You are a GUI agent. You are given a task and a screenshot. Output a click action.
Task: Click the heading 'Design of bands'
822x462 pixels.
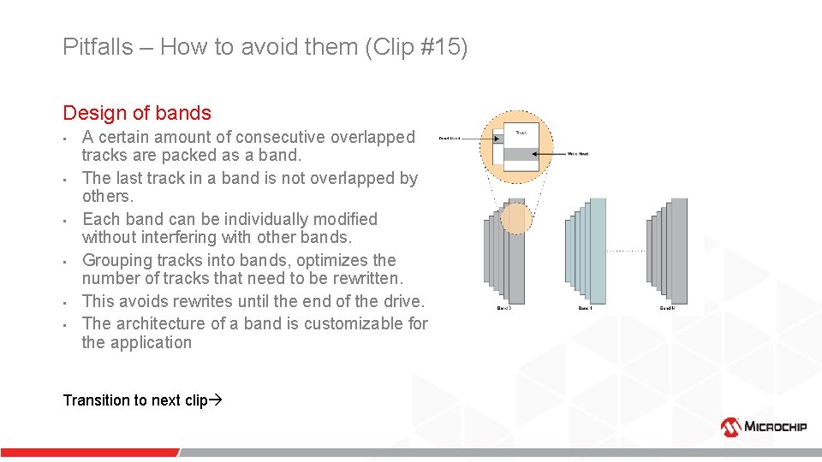pos(136,113)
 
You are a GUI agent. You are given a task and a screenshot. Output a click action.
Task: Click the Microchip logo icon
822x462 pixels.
pos(730,426)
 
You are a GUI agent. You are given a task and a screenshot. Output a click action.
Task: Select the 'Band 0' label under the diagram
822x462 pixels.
pos(503,308)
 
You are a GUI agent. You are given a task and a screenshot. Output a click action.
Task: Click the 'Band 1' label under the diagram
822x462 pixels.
pos(585,308)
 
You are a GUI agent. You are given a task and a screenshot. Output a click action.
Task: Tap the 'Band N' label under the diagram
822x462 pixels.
pos(667,308)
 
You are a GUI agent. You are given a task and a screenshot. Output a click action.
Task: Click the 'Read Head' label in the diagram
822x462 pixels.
pos(449,138)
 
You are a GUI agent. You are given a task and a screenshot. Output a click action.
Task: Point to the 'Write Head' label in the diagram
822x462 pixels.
pos(578,154)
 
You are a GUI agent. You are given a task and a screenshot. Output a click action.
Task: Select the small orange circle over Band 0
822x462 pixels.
pos(515,217)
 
